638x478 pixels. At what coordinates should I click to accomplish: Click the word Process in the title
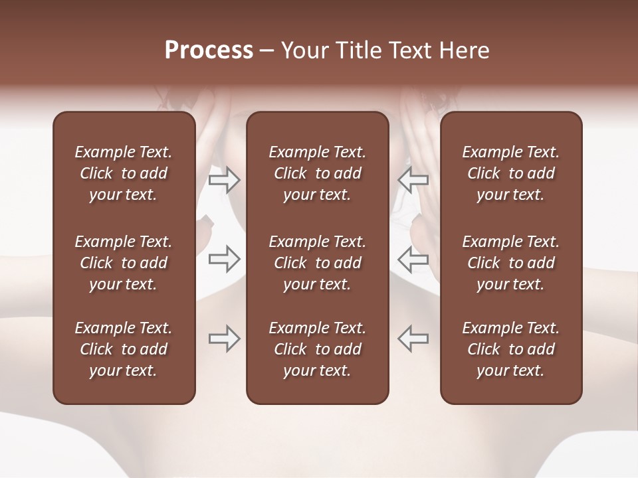click(209, 50)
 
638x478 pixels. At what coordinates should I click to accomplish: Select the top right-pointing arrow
click(225, 179)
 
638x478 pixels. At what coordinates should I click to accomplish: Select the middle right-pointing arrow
click(225, 260)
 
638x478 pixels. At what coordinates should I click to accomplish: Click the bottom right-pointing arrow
click(225, 339)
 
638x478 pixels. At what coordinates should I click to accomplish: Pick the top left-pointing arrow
click(413, 179)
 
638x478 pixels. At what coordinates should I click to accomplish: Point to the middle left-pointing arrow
click(413, 260)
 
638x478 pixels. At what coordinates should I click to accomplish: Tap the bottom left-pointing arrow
click(413, 339)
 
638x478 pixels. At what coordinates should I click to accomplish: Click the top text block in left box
click(124, 173)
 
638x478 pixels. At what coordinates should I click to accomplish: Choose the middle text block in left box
click(124, 263)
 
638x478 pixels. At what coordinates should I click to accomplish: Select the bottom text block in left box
click(124, 349)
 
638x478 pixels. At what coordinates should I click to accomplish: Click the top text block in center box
click(317, 173)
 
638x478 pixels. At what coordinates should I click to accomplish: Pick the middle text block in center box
click(317, 263)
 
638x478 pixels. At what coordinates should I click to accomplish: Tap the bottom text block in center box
click(317, 349)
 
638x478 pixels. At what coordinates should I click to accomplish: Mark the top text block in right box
click(510, 173)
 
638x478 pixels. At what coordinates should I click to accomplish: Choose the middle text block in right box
click(510, 263)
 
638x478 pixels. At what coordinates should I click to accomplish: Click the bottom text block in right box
click(510, 349)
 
